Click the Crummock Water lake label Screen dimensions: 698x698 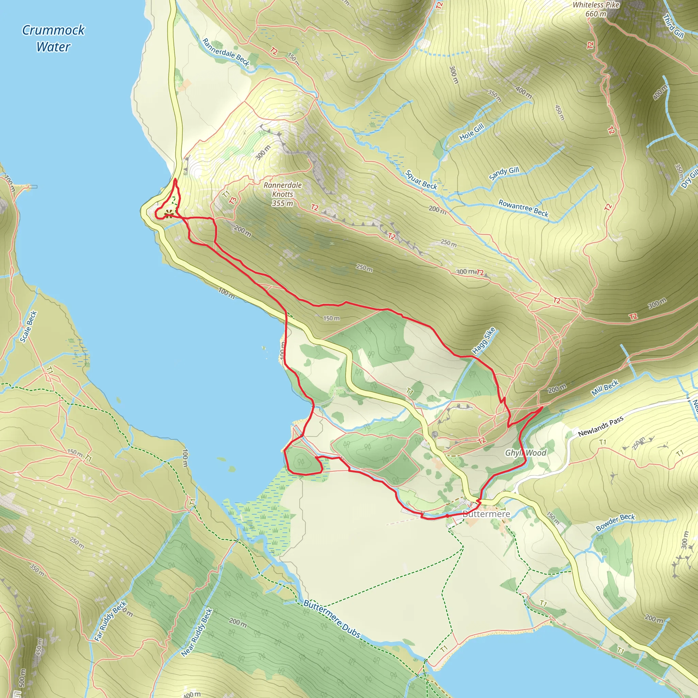click(54, 38)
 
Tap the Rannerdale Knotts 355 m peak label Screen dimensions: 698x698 click(283, 194)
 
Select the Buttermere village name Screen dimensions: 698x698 click(486, 514)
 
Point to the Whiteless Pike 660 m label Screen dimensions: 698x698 click(596, 10)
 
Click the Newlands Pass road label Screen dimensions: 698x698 click(601, 426)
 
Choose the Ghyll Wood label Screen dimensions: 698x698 click(526, 453)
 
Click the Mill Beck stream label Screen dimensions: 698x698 click(605, 388)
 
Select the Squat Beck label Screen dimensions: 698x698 click(421, 180)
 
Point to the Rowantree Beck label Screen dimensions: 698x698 click(523, 208)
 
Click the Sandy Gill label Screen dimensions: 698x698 click(504, 173)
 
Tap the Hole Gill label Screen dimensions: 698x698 click(471, 132)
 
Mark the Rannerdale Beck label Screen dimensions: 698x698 click(226, 52)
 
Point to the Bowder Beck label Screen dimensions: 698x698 click(615, 522)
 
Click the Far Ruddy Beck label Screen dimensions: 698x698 click(110, 621)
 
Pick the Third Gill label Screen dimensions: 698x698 click(673, 26)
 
